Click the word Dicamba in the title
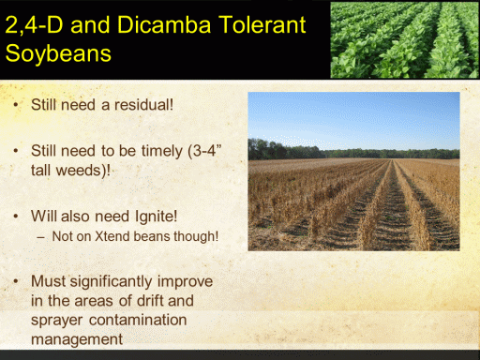tap(164, 24)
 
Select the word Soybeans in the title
tap(58, 53)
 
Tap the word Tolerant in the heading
tap(262, 24)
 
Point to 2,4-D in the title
tap(34, 25)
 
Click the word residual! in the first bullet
tap(143, 105)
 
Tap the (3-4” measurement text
tap(204, 151)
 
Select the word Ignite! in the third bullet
tap(157, 217)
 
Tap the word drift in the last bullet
tap(149, 301)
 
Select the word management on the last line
tap(77, 340)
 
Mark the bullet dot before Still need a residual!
tap(16, 105)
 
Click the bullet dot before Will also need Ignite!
tap(16, 217)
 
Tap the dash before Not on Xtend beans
tap(40, 237)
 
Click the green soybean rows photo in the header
tap(404, 39)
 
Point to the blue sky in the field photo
tap(353, 119)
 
